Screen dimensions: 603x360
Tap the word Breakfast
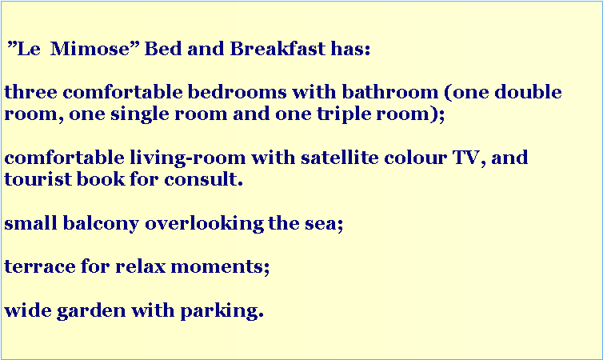pyautogui.click(x=278, y=49)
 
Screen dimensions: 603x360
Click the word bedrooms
pyautogui.click(x=237, y=92)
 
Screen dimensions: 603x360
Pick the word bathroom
pyautogui.click(x=390, y=92)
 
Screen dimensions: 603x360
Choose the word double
pyautogui.click(x=528, y=92)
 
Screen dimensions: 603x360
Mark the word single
pyautogui.click(x=140, y=114)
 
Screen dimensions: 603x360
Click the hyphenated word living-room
pyautogui.click(x=188, y=158)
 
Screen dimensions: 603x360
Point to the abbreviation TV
pyautogui.click(x=466, y=158)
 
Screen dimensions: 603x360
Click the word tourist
pyautogui.click(x=38, y=179)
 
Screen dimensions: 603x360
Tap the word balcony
pyautogui.click(x=101, y=224)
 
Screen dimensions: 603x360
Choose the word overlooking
pyautogui.click(x=204, y=224)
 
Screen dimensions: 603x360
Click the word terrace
pyautogui.click(x=40, y=266)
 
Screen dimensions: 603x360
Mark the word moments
pyautogui.click(x=217, y=266)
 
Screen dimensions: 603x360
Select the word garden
pyautogui.click(x=91, y=310)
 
